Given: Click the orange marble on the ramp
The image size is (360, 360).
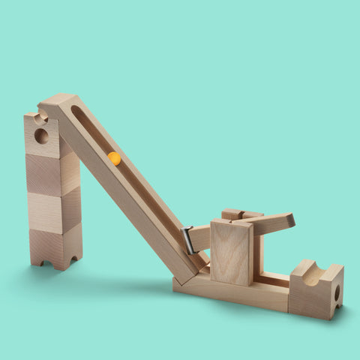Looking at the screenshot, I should (114, 158).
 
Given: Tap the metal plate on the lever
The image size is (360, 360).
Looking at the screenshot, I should (187, 240).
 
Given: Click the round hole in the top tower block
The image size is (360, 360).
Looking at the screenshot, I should (42, 136).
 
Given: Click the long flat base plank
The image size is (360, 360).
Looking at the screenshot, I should (232, 292).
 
